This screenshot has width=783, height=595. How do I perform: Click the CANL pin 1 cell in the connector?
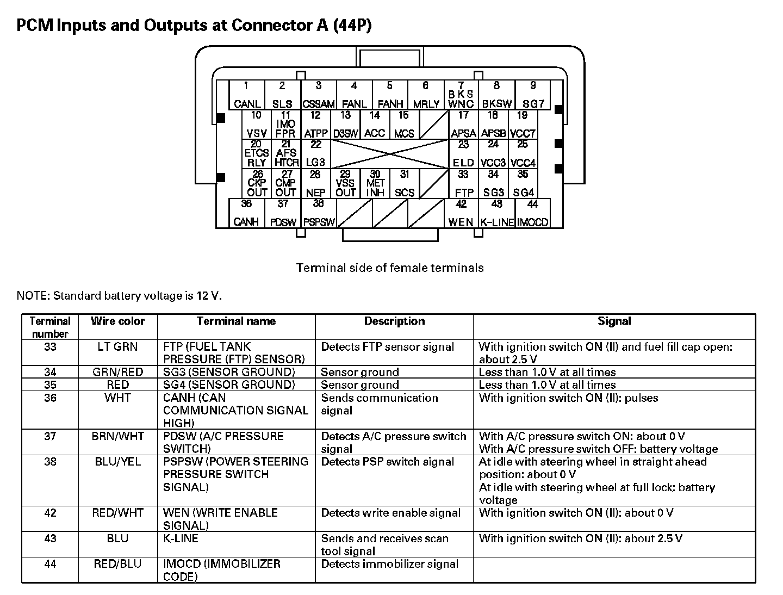(x=246, y=95)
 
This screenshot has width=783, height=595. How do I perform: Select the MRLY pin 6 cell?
(x=426, y=95)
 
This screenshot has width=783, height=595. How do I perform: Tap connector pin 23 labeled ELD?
(x=463, y=154)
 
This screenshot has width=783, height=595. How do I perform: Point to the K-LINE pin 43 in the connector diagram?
(x=496, y=213)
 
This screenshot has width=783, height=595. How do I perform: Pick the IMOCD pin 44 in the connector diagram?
(x=532, y=213)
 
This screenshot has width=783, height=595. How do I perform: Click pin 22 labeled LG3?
(x=315, y=154)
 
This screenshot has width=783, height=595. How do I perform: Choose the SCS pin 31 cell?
(x=404, y=184)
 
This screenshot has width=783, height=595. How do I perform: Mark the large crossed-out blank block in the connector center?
(x=389, y=154)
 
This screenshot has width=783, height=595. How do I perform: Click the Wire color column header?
(x=117, y=321)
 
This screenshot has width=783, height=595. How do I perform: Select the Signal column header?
(x=614, y=321)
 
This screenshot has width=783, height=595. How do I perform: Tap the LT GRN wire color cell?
(x=117, y=347)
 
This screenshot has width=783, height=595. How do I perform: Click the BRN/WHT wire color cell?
(x=117, y=436)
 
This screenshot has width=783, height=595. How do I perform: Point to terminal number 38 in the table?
(x=50, y=462)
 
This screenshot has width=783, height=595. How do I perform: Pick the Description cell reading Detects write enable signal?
(x=390, y=513)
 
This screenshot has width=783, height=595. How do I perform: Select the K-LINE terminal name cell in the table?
(x=181, y=539)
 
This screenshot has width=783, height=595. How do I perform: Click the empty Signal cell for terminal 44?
(x=614, y=570)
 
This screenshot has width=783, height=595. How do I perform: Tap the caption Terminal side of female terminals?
(x=390, y=268)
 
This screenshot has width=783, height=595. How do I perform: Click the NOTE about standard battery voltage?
(x=119, y=296)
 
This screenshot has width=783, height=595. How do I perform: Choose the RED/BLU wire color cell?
(x=117, y=565)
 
